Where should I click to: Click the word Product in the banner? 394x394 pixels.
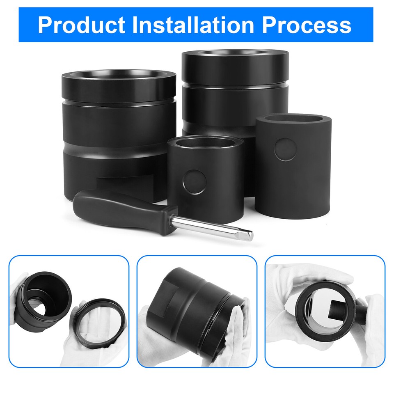click(x=81, y=25)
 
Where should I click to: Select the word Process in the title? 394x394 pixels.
click(x=307, y=25)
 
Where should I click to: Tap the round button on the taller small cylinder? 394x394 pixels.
click(x=284, y=149)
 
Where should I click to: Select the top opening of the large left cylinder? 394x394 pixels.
click(x=119, y=78)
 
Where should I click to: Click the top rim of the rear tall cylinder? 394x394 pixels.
click(x=235, y=56)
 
